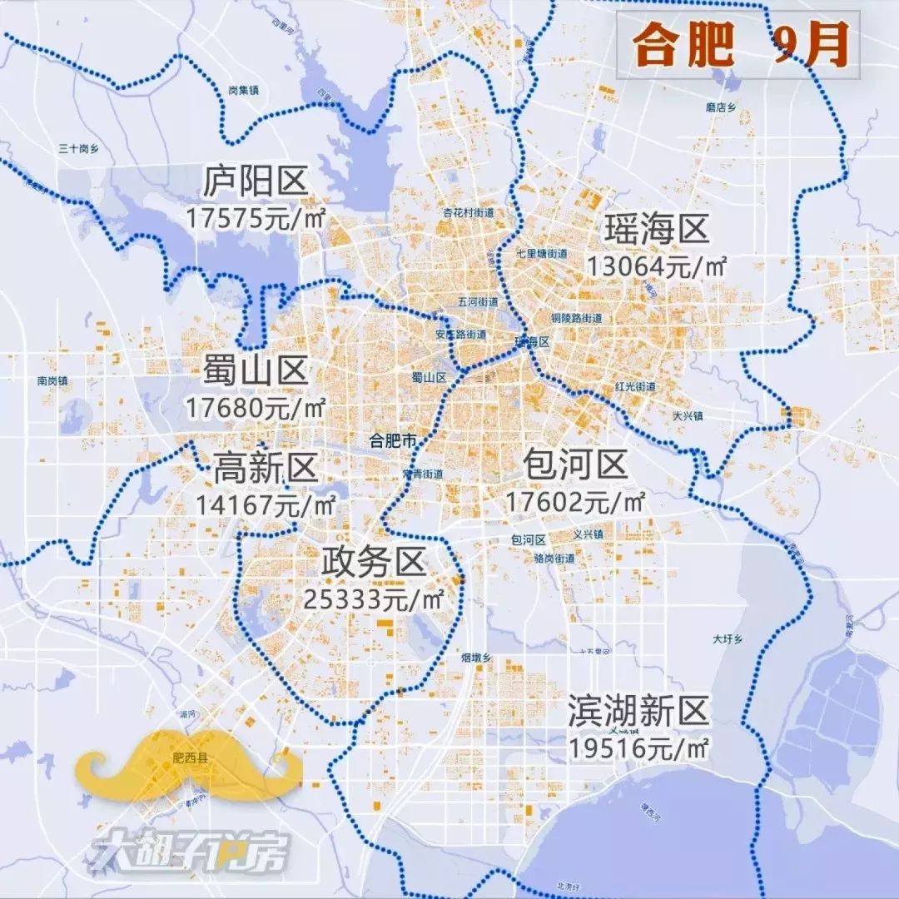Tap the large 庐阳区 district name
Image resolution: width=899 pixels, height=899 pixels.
[256, 181]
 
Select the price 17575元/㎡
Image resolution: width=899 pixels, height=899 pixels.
[255, 218]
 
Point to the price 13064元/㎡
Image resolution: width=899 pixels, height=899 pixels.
[658, 266]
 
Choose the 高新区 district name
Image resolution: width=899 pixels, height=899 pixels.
[266, 468]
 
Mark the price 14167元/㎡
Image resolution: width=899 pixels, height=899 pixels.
[266, 504]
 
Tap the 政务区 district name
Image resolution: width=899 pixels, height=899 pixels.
[374, 564]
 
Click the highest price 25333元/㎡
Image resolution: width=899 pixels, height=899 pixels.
[373, 599]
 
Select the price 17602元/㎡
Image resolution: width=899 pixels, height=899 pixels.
[575, 502]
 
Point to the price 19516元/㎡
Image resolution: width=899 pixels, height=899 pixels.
[639, 748]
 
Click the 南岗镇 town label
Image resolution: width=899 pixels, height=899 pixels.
[52, 381]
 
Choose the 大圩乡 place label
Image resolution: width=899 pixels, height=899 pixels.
[727, 640]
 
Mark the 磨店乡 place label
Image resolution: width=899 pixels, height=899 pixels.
[723, 107]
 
